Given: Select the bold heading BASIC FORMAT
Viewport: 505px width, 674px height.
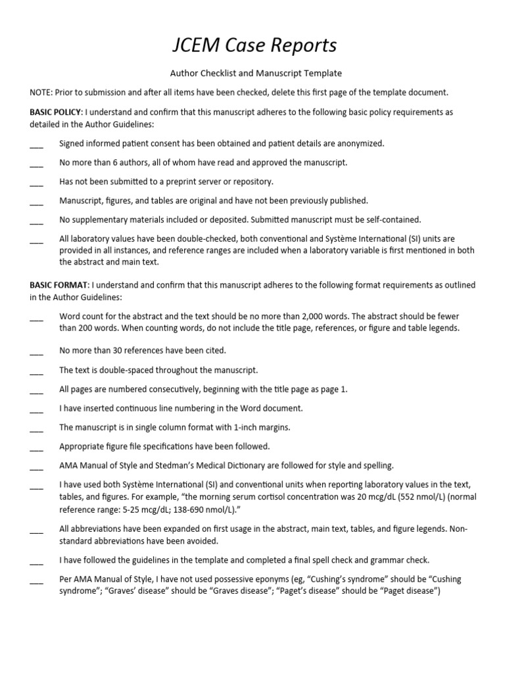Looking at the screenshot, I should (58, 285).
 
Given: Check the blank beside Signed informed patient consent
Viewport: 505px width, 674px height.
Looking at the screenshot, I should (36, 144).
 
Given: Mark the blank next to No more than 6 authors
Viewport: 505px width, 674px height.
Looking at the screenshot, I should (36, 163).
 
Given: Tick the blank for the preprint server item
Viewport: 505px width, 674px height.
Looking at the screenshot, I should (36, 182).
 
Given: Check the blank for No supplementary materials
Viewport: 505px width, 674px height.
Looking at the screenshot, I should (36, 220).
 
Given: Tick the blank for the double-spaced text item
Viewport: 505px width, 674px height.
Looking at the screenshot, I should (36, 371).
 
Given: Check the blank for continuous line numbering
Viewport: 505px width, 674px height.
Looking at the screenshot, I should (36, 409).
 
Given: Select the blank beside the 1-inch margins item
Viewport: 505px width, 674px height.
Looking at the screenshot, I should (36, 428).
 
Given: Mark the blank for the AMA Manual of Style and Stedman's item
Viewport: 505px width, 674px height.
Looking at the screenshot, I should (36, 467).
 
